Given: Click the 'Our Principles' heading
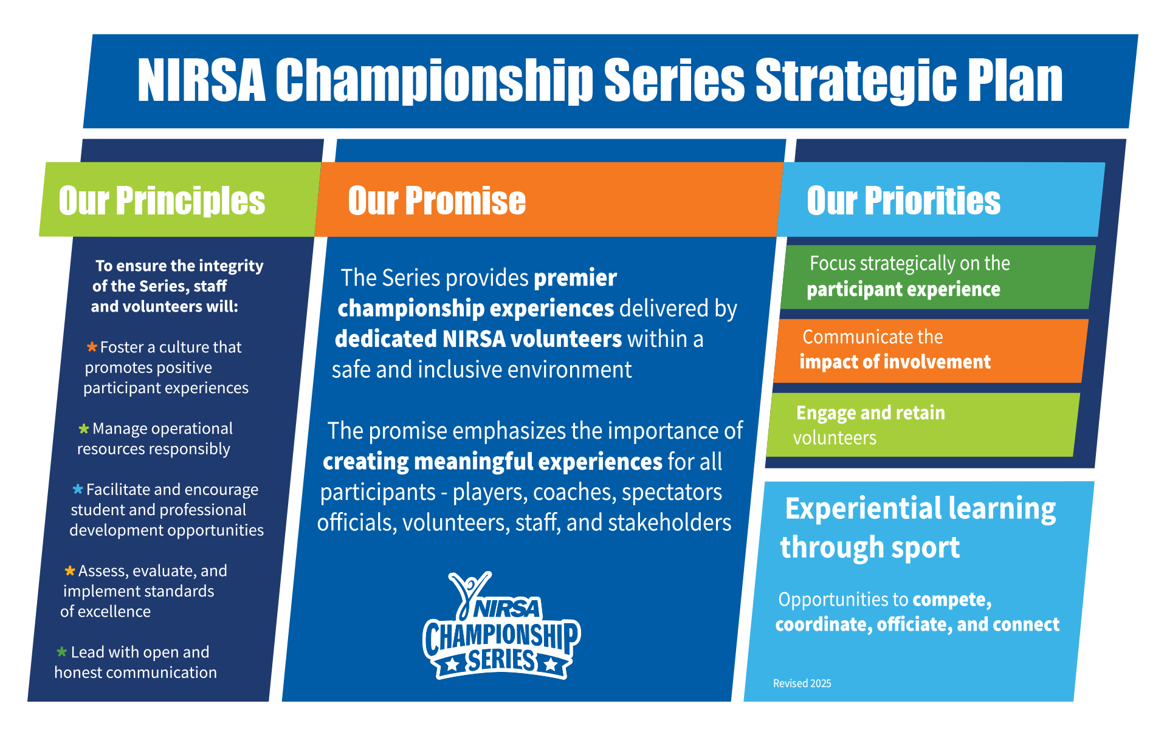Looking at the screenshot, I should point(162,201).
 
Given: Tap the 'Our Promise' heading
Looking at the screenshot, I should point(436,201).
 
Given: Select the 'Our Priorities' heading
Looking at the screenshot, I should point(903,201).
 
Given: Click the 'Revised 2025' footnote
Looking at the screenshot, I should point(802,683).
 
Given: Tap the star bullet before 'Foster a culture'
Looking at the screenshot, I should point(92,347).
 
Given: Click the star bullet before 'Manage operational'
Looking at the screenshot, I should point(84,429).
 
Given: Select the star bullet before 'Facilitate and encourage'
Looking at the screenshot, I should point(78,489).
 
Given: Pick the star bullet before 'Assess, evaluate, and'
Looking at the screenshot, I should point(70,570).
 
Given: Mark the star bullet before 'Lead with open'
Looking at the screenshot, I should point(62,652).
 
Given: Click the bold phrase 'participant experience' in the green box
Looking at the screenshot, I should point(903,290).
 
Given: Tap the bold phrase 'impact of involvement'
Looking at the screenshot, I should point(895,362).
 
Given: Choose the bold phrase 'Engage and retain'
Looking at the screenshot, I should point(870,413).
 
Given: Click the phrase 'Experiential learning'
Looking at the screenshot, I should point(920,509).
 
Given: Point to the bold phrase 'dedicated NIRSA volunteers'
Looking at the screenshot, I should point(478,339).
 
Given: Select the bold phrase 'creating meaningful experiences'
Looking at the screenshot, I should point(492,462).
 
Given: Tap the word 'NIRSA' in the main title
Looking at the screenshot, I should point(201,80).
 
